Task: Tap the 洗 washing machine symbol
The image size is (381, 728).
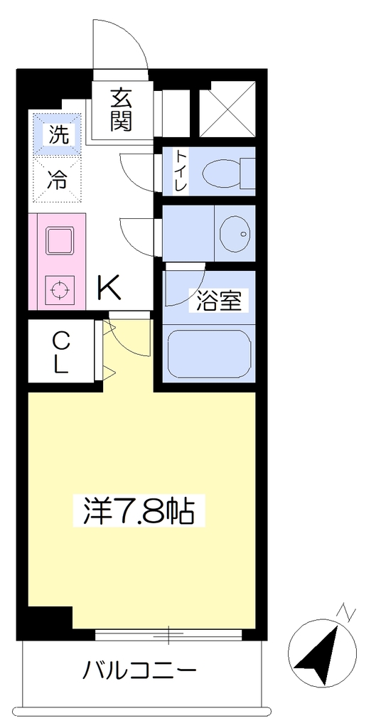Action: (x=58, y=134)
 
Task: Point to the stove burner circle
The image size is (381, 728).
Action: (x=60, y=290)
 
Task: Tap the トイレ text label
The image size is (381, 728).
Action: (x=181, y=171)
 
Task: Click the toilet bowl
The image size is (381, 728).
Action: (x=228, y=173)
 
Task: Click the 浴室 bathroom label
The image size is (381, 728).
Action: (x=219, y=301)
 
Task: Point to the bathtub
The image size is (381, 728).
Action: (x=209, y=354)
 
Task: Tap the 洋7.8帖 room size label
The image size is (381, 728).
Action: (x=139, y=511)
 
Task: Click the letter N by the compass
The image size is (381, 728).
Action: (x=346, y=612)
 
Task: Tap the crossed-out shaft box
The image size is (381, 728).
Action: (x=228, y=109)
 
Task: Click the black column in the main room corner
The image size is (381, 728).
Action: (x=50, y=617)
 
